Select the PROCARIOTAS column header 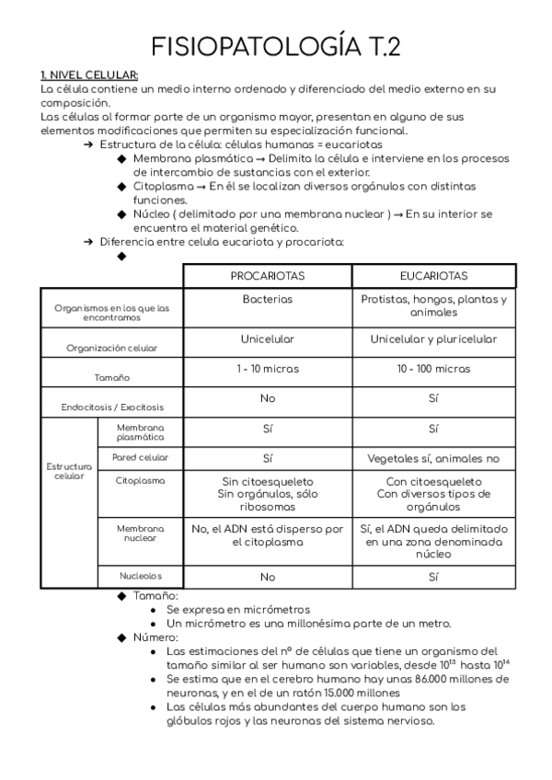point(267,276)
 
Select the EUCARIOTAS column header point(433,276)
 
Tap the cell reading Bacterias point(267,300)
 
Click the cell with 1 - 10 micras point(267,369)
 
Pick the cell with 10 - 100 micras point(433,369)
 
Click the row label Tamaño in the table point(112,378)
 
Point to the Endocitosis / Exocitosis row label point(112,407)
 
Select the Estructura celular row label point(69,472)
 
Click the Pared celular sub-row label point(140,457)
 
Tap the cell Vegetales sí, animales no point(433,458)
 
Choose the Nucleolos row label point(140,576)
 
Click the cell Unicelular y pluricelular point(433,339)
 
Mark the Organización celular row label point(112,349)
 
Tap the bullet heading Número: point(155,637)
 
